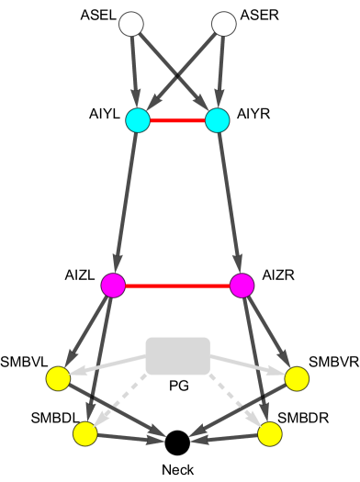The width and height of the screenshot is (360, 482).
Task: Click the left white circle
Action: (131, 24)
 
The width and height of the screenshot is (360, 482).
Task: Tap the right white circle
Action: (224, 24)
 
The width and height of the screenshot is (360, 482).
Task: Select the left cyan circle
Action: (138, 120)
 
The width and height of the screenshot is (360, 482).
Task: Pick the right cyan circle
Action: (218, 120)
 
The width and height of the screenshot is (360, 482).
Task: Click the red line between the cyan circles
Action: (177, 120)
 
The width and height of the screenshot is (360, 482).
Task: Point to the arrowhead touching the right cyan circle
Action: (197, 116)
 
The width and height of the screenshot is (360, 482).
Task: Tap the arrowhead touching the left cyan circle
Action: (158, 126)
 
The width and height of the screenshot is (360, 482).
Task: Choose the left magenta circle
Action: (113, 286)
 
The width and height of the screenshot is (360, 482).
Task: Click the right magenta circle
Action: (242, 286)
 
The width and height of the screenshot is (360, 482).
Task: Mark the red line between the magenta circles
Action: (177, 286)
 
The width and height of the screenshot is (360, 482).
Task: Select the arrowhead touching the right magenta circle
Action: (221, 277)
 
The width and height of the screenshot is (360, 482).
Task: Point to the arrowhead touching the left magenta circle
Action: (133, 294)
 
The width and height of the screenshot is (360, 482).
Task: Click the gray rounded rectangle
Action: (177, 356)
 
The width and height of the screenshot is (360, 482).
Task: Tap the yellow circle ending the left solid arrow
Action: (58, 378)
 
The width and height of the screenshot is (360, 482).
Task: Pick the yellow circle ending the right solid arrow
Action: (297, 378)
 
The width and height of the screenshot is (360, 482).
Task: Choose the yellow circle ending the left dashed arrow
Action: (85, 433)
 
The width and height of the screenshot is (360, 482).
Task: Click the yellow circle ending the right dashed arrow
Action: (269, 433)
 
